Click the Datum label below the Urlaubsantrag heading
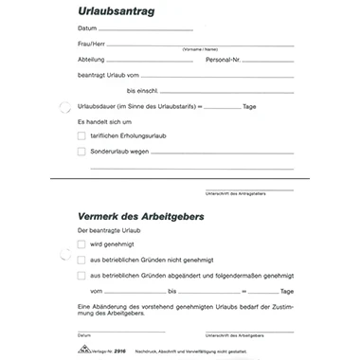pyautogui.click(x=87, y=28)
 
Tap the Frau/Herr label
pyautogui.click(x=93, y=45)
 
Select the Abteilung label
pyautogui.click(x=92, y=60)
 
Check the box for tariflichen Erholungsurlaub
pyautogui.click(x=81, y=136)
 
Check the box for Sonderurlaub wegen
pyautogui.click(x=81, y=151)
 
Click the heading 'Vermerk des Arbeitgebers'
pyautogui.click(x=141, y=215)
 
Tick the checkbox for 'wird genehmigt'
pyautogui.click(x=81, y=244)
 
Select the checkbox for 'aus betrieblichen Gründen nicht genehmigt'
pyautogui.click(x=81, y=260)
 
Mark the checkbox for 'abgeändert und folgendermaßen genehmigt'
pyautogui.click(x=81, y=275)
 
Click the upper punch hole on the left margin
pyautogui.click(x=64, y=107)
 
